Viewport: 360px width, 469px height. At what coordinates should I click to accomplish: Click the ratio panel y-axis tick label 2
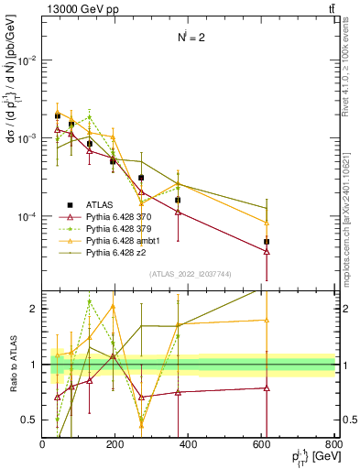click(x=35, y=309)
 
